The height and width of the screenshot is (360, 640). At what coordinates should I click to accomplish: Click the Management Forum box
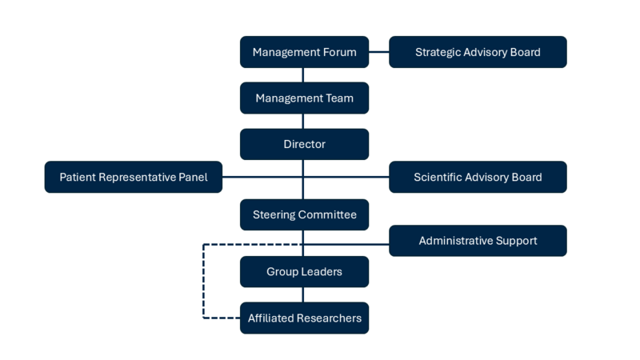pyautogui.click(x=304, y=52)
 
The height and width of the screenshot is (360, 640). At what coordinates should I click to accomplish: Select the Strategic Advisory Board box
pyautogui.click(x=478, y=52)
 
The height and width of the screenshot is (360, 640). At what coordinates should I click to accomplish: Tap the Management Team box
pyautogui.click(x=304, y=98)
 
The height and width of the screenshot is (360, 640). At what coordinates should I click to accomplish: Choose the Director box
pyautogui.click(x=304, y=145)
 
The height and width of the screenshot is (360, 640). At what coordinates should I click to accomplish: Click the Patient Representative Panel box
pyautogui.click(x=133, y=177)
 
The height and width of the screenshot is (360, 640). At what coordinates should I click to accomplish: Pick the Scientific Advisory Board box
pyautogui.click(x=478, y=177)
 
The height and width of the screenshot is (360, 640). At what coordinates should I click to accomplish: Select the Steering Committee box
pyautogui.click(x=304, y=214)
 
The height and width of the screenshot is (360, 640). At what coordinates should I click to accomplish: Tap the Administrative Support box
pyautogui.click(x=478, y=240)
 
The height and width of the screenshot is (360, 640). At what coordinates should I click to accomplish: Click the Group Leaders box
pyautogui.click(x=304, y=272)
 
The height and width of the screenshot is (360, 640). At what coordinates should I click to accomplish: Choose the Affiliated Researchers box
pyautogui.click(x=304, y=318)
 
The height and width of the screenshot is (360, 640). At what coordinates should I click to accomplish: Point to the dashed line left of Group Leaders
pyautogui.click(x=203, y=280)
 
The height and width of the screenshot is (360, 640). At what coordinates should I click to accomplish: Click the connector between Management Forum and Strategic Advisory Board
pyautogui.click(x=379, y=52)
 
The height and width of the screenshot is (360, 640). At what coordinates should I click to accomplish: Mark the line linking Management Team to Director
pyautogui.click(x=303, y=122)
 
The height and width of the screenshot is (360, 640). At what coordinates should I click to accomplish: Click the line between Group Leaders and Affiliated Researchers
pyautogui.click(x=303, y=295)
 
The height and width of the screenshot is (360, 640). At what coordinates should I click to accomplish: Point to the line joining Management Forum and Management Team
pyautogui.click(x=303, y=75)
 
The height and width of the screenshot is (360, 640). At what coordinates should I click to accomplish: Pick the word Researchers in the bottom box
pyautogui.click(x=329, y=318)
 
